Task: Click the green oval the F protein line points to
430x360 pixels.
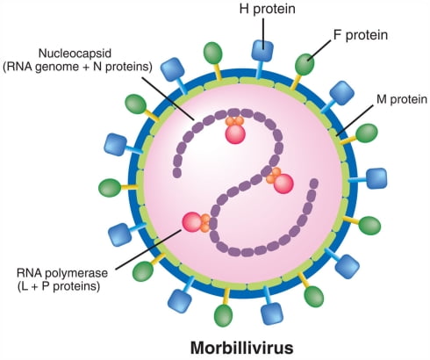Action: (305, 64)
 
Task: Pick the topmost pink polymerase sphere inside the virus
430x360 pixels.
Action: (235, 133)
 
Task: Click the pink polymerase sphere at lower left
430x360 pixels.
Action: (192, 222)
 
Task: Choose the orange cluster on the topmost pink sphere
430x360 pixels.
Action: (234, 120)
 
